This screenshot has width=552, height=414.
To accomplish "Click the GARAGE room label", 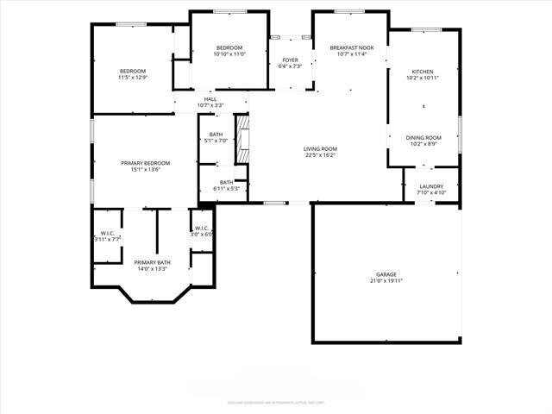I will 386,274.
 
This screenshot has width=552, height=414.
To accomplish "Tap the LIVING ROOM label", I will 319,149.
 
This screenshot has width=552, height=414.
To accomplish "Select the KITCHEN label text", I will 423,72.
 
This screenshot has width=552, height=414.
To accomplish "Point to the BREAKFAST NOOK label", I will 352,47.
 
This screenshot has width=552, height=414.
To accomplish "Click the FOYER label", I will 291,60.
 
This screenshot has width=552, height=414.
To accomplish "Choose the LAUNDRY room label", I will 431,186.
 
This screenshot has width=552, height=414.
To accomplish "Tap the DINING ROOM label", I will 423,138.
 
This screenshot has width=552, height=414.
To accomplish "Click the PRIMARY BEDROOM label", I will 145,163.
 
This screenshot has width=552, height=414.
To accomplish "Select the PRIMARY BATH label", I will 152,262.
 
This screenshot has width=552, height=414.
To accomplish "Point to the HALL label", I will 210,99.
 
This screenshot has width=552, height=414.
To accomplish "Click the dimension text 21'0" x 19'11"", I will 386,280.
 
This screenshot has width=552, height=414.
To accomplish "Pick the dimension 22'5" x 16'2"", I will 319,155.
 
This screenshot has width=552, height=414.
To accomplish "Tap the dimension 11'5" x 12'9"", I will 133,78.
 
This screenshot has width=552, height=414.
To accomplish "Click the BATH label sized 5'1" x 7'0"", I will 216,135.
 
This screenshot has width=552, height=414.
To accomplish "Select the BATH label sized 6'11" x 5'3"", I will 226,182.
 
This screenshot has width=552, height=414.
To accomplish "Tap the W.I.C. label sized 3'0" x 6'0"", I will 201,228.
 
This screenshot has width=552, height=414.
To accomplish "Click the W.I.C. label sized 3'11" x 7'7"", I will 108,233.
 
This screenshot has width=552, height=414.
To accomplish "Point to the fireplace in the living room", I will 243,137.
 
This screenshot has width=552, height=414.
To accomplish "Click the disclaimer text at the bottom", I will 276,402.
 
